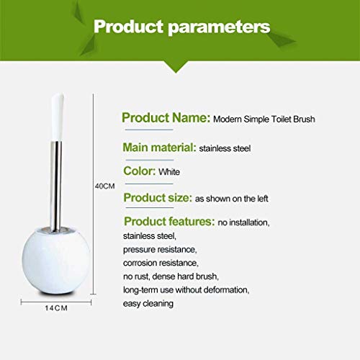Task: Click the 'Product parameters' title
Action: point(182,27)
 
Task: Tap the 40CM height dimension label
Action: point(104,186)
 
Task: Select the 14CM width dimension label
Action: point(56,308)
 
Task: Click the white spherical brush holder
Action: point(56,261)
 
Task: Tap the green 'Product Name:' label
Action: point(166,118)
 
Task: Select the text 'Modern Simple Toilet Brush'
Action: point(264,119)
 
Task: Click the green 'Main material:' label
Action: point(159,147)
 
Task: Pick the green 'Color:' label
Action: point(140,171)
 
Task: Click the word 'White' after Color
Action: point(169,172)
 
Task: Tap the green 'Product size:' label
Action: point(158,198)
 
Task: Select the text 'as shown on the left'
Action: point(232,199)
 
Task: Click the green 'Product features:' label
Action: point(169,221)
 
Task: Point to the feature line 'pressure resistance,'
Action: point(160,250)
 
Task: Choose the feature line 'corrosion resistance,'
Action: point(161,263)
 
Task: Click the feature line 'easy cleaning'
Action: point(148,304)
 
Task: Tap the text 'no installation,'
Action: point(243,222)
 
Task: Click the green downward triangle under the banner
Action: point(176,66)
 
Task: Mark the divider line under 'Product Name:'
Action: point(149,130)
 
